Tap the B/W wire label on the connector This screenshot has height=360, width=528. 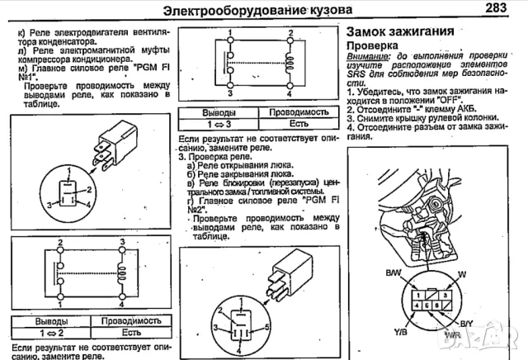394,273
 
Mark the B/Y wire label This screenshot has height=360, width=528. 467,323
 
